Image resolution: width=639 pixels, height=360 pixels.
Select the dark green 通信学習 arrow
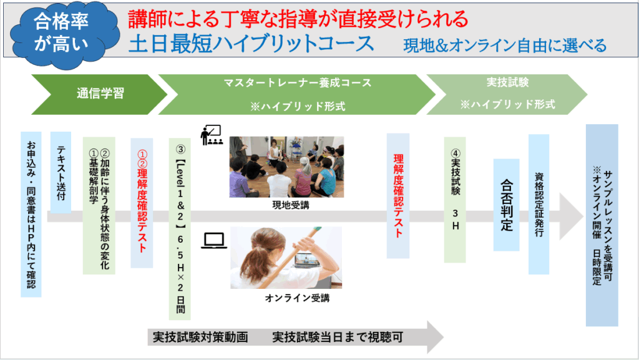(x=99, y=94)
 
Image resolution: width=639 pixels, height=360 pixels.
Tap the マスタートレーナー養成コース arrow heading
(x=297, y=94)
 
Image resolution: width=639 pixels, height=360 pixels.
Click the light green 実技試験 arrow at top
(x=507, y=94)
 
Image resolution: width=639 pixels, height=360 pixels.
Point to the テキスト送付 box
(x=61, y=172)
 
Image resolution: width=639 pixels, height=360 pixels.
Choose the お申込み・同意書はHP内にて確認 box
(x=31, y=214)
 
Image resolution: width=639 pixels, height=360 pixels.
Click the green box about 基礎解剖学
(x=99, y=206)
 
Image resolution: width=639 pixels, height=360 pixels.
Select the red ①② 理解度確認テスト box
(x=142, y=203)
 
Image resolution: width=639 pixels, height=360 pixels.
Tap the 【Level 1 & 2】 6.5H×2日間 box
(x=180, y=229)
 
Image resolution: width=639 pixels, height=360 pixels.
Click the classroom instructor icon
(x=212, y=135)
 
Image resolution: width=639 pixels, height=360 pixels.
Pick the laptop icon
(x=214, y=241)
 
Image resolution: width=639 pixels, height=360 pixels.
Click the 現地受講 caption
(x=291, y=205)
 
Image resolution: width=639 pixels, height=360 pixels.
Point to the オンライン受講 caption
(x=297, y=298)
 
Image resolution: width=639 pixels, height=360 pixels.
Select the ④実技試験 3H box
(x=455, y=200)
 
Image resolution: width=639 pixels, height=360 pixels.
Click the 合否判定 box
(x=507, y=205)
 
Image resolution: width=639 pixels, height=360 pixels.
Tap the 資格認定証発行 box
(x=539, y=205)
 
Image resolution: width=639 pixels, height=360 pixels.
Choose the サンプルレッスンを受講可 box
(x=602, y=225)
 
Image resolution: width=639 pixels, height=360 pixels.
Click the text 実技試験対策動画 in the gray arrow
(x=200, y=337)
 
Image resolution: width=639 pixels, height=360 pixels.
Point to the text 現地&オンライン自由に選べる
(x=505, y=46)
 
